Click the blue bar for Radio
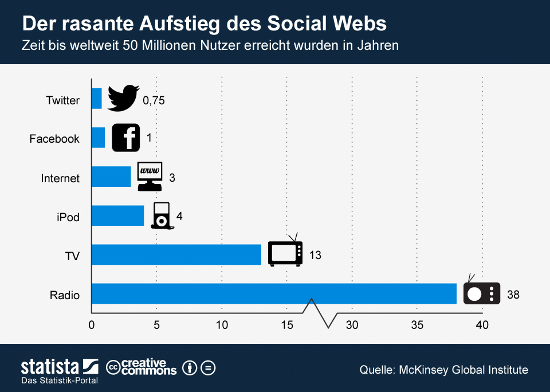point(274,293)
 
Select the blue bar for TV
point(176,254)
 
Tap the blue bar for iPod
point(117,215)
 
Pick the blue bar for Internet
point(111,177)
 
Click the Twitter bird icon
point(123,98)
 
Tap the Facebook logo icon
point(125,138)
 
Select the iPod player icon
point(161,215)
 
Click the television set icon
point(285,252)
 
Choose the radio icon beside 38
point(481,293)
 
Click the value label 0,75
point(154,101)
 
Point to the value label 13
point(315,255)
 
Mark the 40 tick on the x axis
point(482,325)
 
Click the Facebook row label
point(54,139)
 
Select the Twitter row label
point(62,100)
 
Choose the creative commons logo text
point(142,367)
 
